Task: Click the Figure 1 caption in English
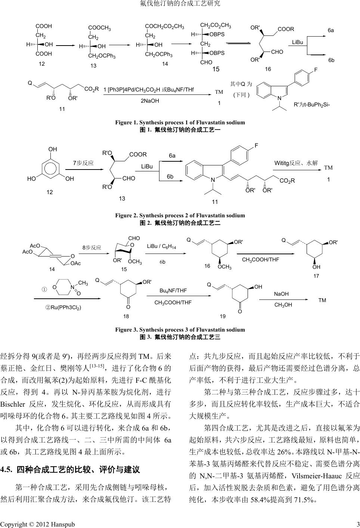point(180,122)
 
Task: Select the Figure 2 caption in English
point(180,215)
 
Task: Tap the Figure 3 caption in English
point(180,330)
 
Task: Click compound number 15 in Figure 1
point(216,69)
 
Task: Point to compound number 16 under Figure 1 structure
point(268,69)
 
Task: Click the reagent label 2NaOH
point(150,101)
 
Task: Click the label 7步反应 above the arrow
point(83,163)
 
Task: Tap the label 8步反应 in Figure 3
point(92,248)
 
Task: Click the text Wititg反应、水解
point(296,163)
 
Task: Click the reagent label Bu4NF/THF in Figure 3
point(173,291)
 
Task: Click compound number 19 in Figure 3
point(223,316)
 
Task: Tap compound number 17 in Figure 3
point(316,276)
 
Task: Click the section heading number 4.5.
point(7,469)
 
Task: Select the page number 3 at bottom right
point(357,524)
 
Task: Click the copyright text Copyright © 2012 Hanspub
point(37,524)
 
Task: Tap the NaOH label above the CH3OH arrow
point(281,294)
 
